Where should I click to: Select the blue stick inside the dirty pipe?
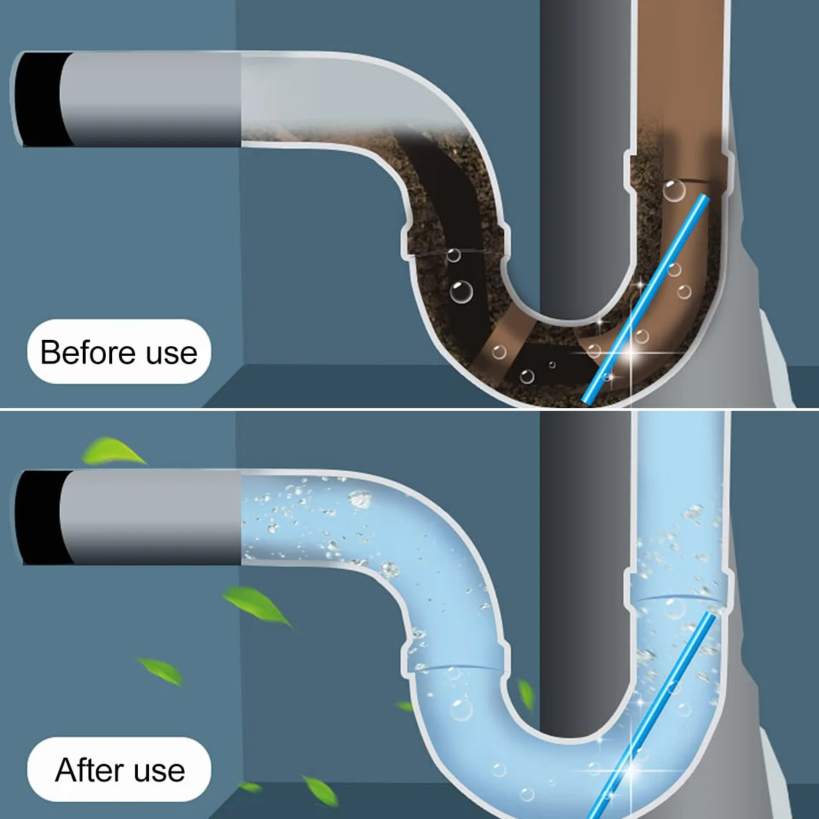(646, 298)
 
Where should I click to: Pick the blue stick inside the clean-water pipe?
(653, 716)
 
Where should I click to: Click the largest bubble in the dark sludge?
(461, 291)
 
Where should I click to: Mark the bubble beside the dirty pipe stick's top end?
(674, 191)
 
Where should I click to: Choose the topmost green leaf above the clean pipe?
(112, 452)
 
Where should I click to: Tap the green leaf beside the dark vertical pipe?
(525, 694)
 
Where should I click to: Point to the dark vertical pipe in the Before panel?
(585, 157)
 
